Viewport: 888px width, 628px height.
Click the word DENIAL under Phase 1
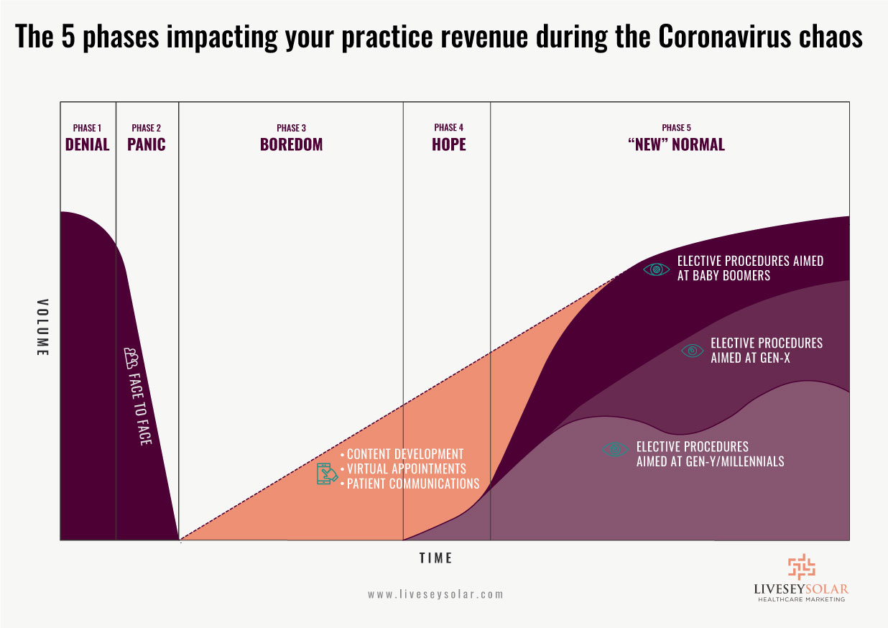pyautogui.click(x=88, y=144)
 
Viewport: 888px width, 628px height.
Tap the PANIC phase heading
pyautogui.click(x=147, y=144)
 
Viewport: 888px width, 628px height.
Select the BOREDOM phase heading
pyautogui.click(x=291, y=144)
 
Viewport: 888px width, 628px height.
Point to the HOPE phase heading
pyautogui.click(x=449, y=144)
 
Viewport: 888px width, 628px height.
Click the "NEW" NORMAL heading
pyautogui.click(x=676, y=144)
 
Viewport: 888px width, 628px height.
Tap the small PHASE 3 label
pyautogui.click(x=291, y=128)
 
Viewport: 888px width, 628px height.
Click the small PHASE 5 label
pyautogui.click(x=676, y=128)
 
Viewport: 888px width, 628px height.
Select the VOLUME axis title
pyautogui.click(x=42, y=328)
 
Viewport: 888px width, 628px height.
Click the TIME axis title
pyautogui.click(x=435, y=558)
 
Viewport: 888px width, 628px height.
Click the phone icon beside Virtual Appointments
pyautogui.click(x=327, y=474)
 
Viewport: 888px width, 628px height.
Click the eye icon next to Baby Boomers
pyautogui.click(x=656, y=269)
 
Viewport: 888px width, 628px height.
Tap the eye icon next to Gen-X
pyautogui.click(x=693, y=351)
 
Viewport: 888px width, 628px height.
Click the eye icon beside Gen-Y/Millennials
pyautogui.click(x=614, y=450)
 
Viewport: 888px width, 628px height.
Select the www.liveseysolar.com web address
pyautogui.click(x=435, y=594)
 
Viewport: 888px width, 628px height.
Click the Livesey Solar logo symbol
pyautogui.click(x=802, y=567)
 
